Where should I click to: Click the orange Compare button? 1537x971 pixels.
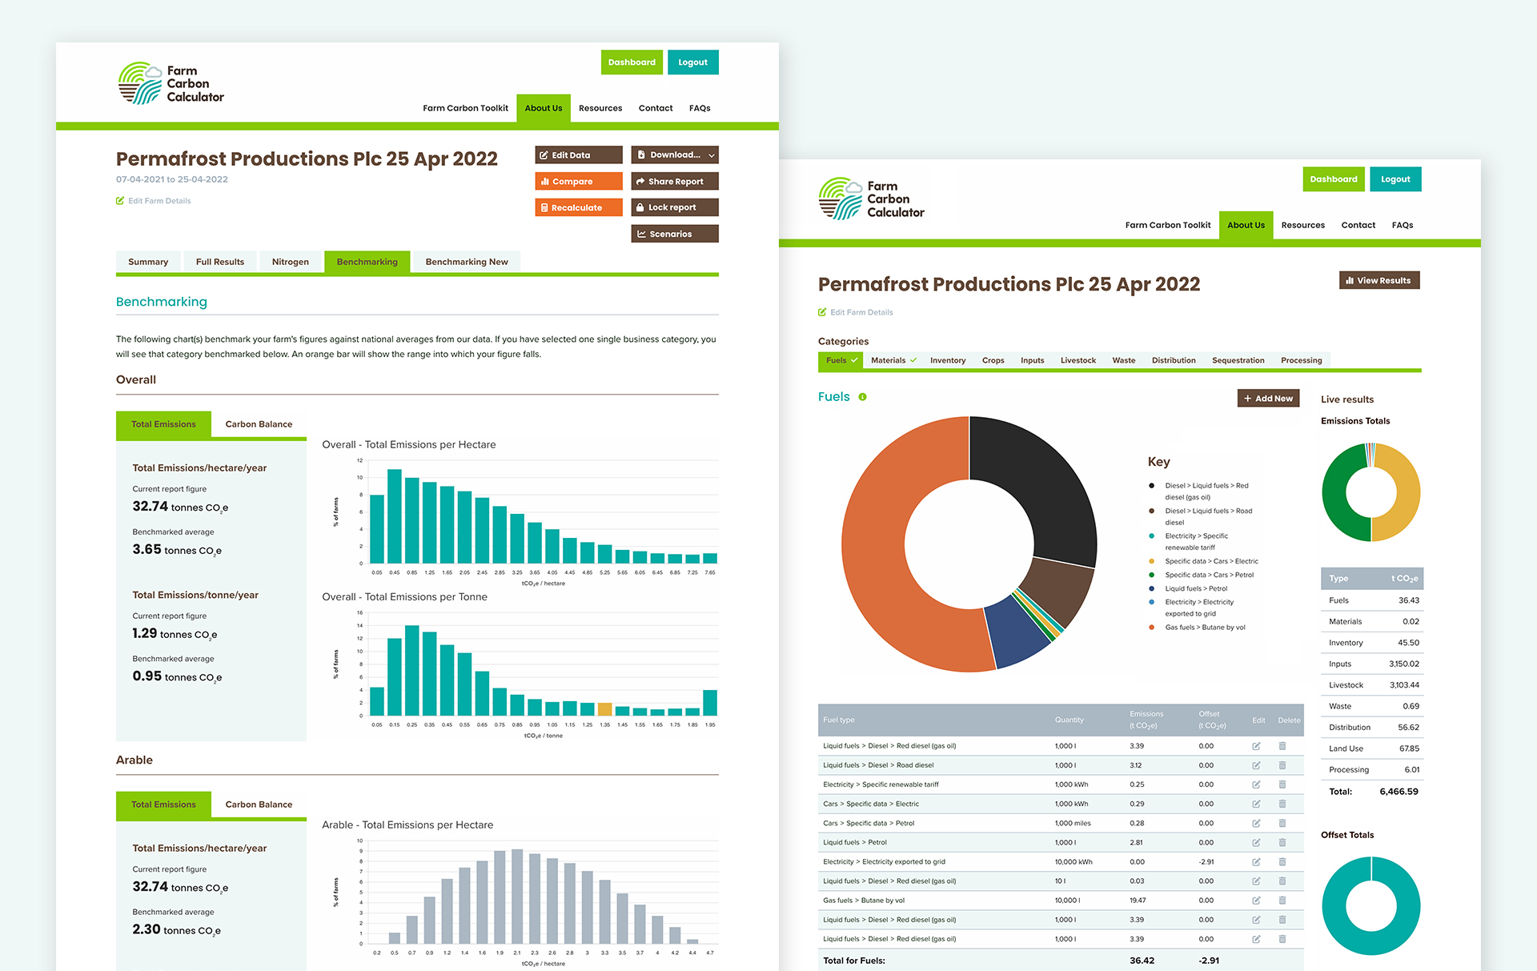coord(578,182)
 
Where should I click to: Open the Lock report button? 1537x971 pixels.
coord(674,207)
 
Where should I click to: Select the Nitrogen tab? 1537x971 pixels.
coord(290,262)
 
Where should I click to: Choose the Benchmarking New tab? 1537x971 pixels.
coord(466,262)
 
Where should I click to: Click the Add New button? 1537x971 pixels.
coord(1268,399)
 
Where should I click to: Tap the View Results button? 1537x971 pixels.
coord(1378,280)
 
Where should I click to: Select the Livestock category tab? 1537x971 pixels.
coord(1078,360)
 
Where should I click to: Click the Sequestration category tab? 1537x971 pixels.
coord(1238,360)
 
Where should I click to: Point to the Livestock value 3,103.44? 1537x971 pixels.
coord(1404,685)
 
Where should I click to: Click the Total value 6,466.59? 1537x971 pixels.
coord(1399,792)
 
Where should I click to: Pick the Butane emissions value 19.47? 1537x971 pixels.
coord(1137,901)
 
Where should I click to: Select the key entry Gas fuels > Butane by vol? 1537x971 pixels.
coord(1205,628)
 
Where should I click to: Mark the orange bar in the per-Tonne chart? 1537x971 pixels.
coord(604,709)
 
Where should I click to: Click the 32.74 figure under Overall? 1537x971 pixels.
coord(150,507)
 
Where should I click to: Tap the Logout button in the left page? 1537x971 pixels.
coord(692,62)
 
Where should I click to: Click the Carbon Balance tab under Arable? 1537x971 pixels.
coord(259,804)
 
